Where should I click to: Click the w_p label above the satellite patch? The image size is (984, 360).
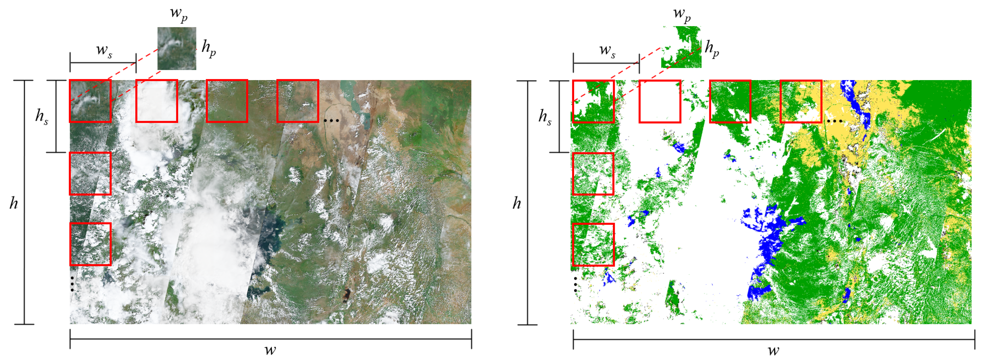[x=179, y=14]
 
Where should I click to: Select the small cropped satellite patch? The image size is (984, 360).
[x=177, y=49]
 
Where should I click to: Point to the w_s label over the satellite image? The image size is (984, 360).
[x=104, y=50]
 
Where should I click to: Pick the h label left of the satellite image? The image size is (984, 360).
[x=14, y=203]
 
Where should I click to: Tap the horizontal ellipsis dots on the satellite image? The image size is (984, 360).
[x=331, y=120]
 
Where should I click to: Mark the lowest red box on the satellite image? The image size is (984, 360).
[x=91, y=244]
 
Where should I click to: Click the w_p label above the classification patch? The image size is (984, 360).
[x=682, y=14]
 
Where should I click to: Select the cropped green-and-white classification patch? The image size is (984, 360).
[x=681, y=47]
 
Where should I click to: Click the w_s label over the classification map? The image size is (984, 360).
[x=607, y=50]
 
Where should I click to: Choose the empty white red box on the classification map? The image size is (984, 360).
[x=660, y=101]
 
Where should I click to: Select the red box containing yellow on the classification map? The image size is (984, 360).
[x=801, y=101]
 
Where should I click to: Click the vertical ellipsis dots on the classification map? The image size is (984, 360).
[x=575, y=285]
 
